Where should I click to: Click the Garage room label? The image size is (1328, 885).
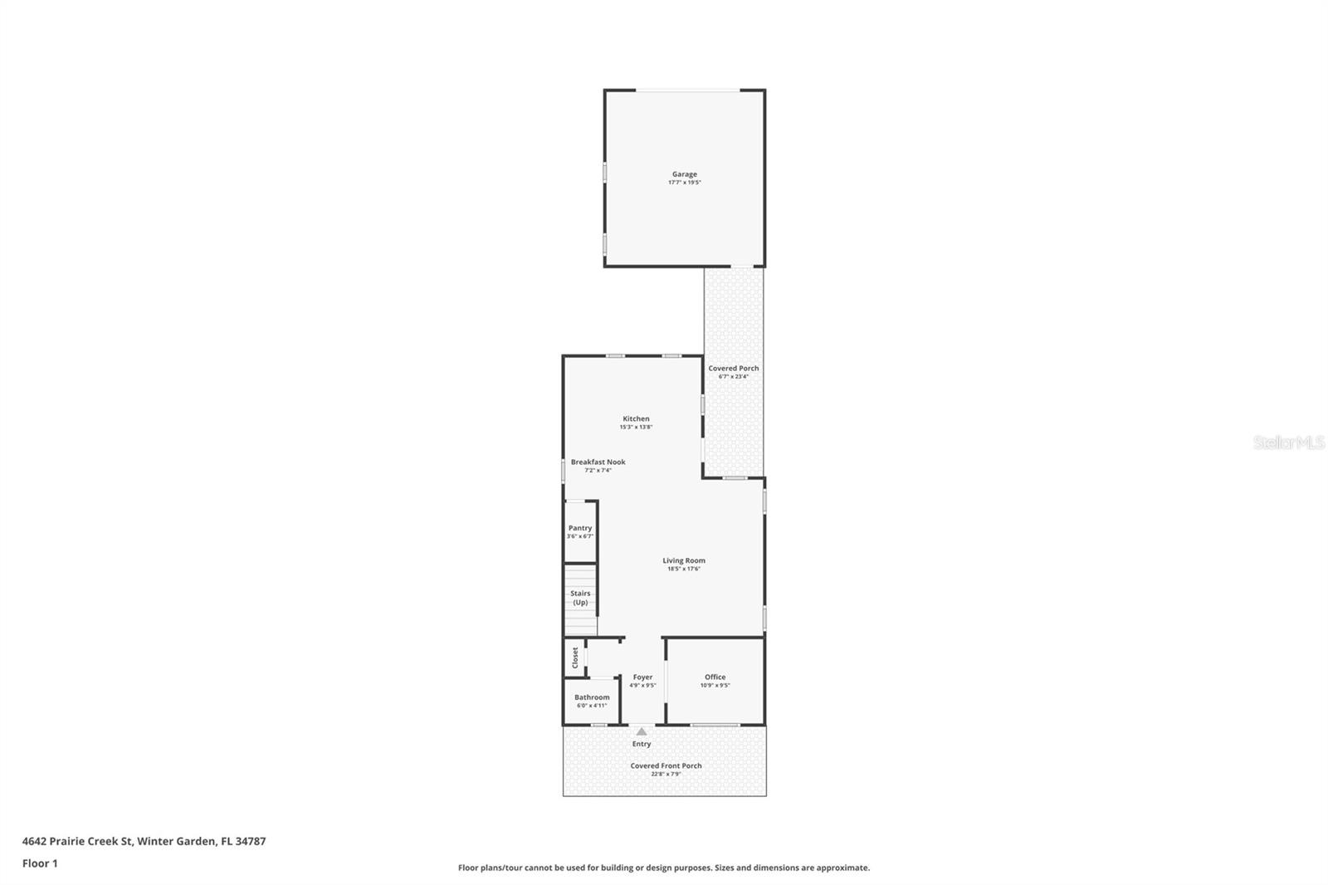pos(684,174)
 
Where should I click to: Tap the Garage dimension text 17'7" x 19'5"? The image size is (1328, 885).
pos(684,183)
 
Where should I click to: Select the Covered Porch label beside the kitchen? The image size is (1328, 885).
pos(733,368)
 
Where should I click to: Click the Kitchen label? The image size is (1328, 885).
pos(636,418)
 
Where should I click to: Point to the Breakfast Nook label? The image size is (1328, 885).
pos(598,462)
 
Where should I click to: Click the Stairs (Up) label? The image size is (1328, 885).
pos(580,598)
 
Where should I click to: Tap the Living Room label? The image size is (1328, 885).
pos(683,560)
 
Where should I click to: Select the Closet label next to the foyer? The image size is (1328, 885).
pos(574,658)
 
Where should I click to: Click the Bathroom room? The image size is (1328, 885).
pos(592,700)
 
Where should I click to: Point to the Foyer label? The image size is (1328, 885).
pos(642,677)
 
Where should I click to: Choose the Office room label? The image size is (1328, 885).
pos(715,677)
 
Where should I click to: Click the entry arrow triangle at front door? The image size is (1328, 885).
pos(641,731)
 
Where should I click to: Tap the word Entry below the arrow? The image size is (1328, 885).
pos(642,744)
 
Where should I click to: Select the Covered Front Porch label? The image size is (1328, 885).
pos(666,765)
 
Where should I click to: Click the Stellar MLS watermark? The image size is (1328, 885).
pos(1288,442)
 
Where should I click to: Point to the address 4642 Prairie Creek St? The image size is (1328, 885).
pos(144,841)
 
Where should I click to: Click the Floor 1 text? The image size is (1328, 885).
pos(40,863)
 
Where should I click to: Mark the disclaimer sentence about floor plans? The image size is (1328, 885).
pos(664,868)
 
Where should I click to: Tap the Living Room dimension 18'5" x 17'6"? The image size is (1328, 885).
pos(683,569)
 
